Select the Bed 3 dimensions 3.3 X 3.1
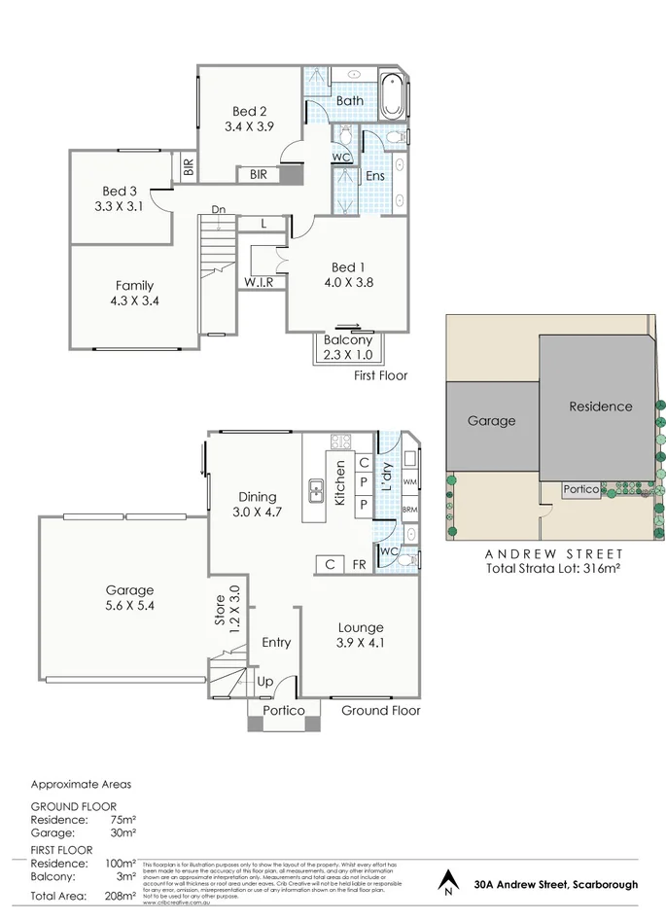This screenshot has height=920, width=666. (119, 206)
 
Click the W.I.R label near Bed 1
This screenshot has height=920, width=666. (258, 282)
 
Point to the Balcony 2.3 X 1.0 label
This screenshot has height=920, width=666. (347, 348)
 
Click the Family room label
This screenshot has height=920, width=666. (134, 285)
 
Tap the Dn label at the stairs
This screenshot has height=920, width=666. (220, 210)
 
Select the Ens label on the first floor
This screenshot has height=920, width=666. (374, 176)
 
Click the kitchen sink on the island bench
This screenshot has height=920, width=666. (317, 491)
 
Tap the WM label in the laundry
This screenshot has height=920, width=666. (409, 481)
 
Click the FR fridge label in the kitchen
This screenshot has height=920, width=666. (359, 564)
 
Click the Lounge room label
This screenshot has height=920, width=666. (361, 627)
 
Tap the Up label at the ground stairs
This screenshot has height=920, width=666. (264, 682)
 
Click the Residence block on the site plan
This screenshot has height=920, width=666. (600, 407)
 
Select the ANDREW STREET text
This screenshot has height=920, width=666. (553, 553)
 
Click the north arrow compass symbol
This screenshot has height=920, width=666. (448, 882)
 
